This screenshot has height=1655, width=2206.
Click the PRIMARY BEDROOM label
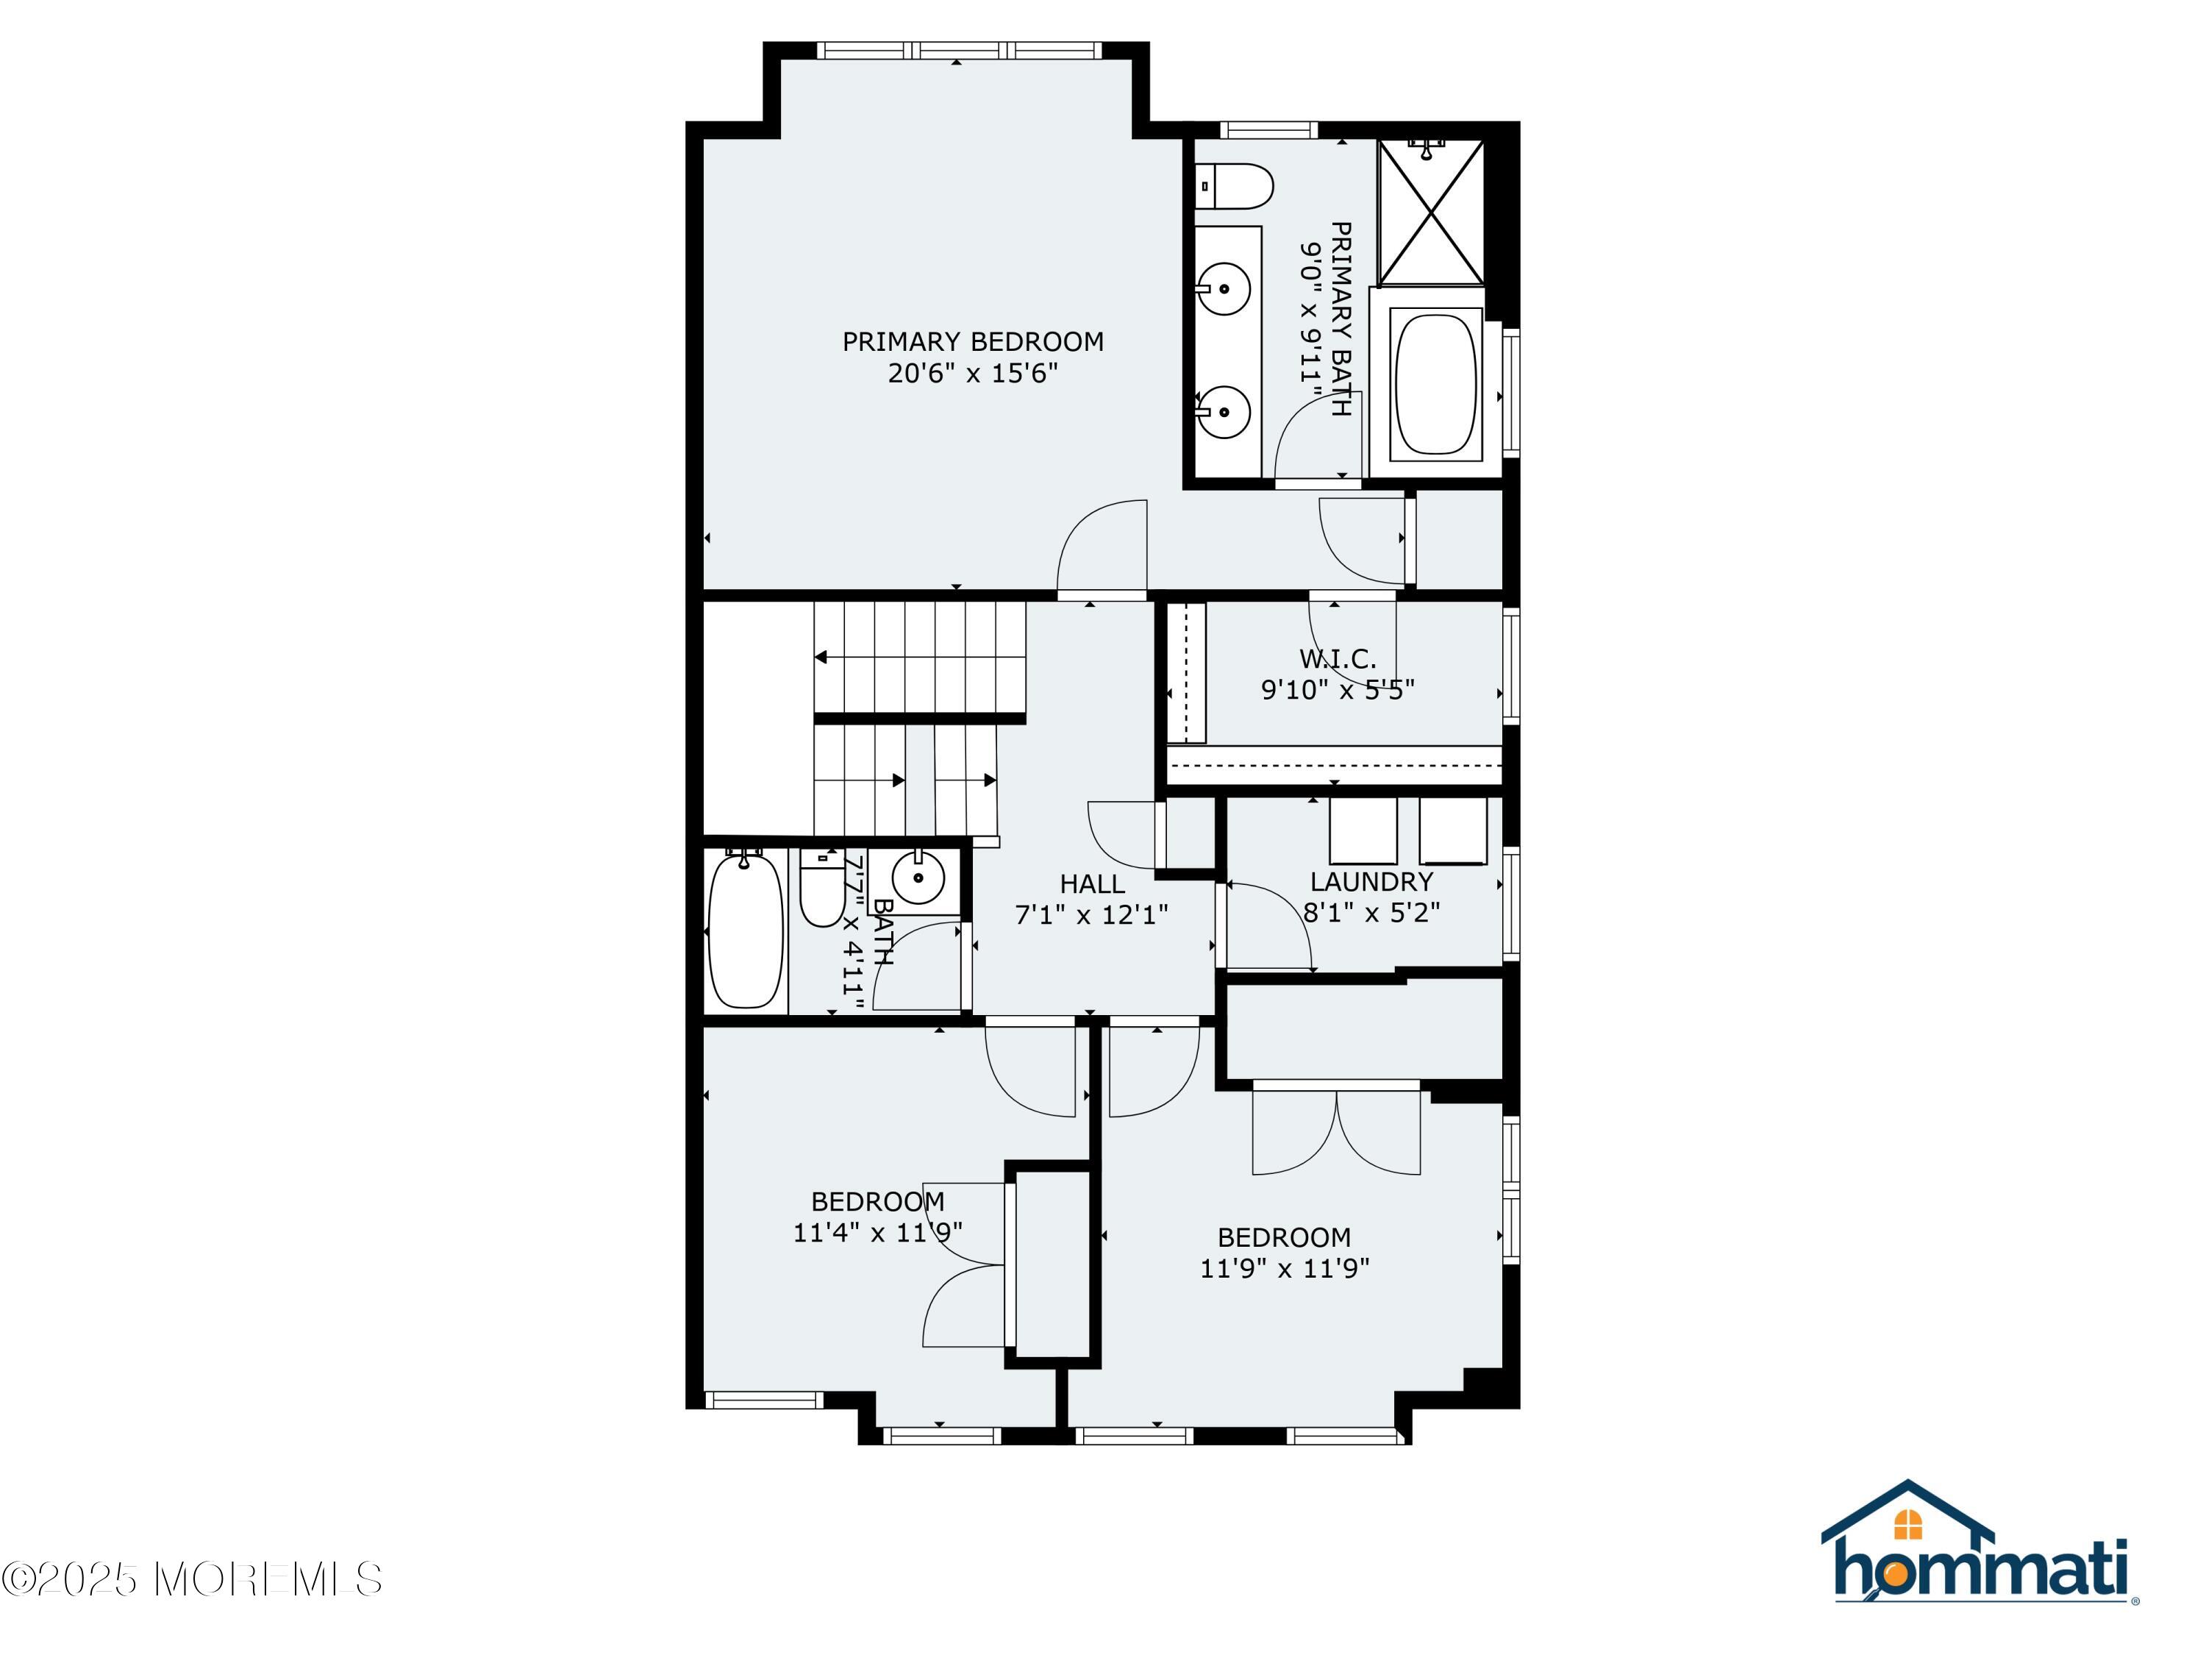pos(972,342)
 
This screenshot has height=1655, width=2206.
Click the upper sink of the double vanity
pos(1224,289)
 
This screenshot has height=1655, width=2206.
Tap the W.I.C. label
pos(1338,658)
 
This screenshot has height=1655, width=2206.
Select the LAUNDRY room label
pos(1371,882)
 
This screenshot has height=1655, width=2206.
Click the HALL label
pos(1092,884)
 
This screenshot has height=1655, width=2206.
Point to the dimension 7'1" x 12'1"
pos(1091,915)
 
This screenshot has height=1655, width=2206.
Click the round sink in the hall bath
pos(918,878)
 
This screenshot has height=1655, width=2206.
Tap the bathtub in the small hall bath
pos(745,930)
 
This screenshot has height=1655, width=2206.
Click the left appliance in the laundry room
pos(1363,830)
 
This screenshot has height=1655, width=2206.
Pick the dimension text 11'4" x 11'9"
pos(877,1233)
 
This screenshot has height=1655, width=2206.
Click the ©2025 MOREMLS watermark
pos(191,1579)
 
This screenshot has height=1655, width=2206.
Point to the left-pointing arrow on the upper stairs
pos(821,658)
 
